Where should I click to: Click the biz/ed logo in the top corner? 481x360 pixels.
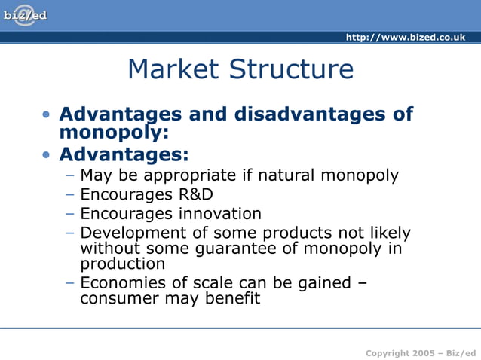(25, 15)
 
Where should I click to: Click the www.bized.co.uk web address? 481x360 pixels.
(405, 38)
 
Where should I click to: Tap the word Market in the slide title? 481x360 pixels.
(173, 69)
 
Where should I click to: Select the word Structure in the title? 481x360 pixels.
(293, 69)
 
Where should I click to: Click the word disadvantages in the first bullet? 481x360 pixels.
(309, 114)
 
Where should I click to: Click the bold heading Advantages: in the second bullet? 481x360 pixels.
(124, 154)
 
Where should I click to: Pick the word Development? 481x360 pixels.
(133, 233)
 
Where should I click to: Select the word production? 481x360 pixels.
(122, 264)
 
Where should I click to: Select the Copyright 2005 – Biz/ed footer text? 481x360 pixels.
(421, 353)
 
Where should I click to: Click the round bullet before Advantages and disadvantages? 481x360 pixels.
(47, 115)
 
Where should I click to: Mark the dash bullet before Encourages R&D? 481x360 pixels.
(69, 194)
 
